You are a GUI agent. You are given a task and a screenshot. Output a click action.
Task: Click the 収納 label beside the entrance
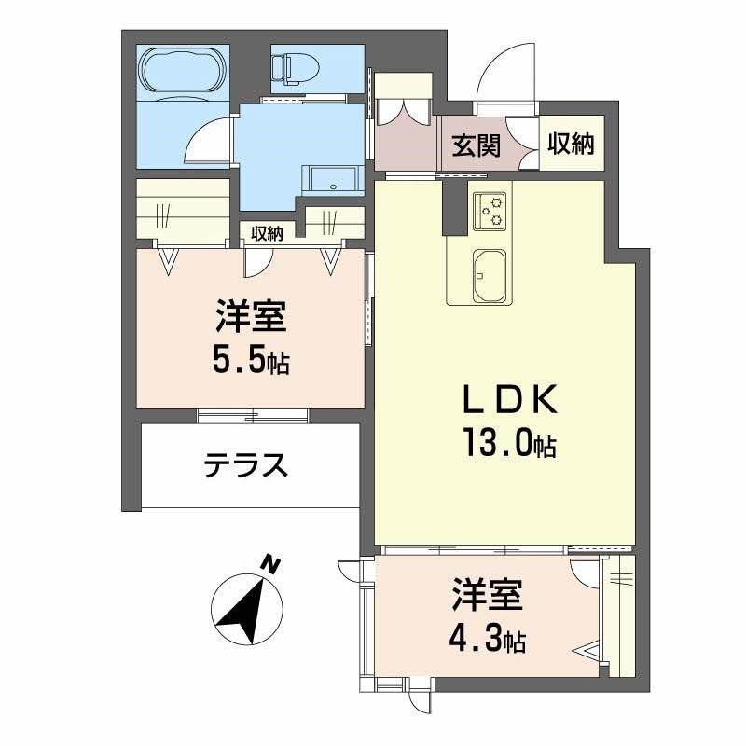(571, 144)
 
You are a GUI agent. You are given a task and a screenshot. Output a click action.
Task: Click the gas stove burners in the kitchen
(489, 210)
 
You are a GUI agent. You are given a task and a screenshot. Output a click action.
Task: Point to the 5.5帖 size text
(250, 360)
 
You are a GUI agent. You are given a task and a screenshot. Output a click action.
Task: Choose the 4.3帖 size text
(488, 639)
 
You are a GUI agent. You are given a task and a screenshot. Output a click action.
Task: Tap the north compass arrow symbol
(246, 607)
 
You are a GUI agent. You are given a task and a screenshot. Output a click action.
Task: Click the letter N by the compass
(270, 563)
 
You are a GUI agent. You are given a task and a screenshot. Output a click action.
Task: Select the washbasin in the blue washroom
(332, 179)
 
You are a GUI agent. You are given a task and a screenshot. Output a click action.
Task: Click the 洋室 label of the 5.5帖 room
(250, 318)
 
